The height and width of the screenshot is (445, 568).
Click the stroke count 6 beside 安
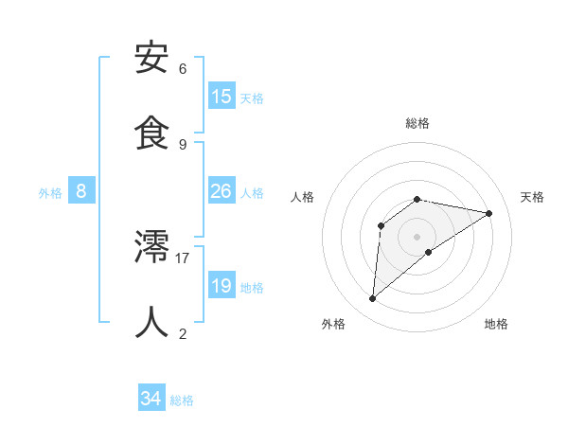point(183,69)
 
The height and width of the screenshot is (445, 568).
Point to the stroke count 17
point(183,258)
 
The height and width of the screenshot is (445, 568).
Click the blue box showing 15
point(222,97)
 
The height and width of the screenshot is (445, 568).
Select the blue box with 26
point(222,191)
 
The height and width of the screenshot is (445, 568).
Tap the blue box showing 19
point(222,286)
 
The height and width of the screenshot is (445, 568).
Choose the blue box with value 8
point(81,191)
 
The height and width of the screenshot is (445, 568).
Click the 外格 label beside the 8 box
point(50,192)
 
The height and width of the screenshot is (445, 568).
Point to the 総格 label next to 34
point(182,400)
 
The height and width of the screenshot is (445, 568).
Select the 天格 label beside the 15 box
point(252,98)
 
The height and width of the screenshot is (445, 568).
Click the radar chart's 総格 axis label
point(417,123)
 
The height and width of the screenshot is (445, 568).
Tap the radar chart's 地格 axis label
point(496,324)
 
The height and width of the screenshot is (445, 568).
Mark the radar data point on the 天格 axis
point(489,213)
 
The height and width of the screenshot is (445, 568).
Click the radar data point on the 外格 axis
point(372,299)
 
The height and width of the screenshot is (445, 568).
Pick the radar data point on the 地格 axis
point(429,252)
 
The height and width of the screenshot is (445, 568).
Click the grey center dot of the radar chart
point(417,236)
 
